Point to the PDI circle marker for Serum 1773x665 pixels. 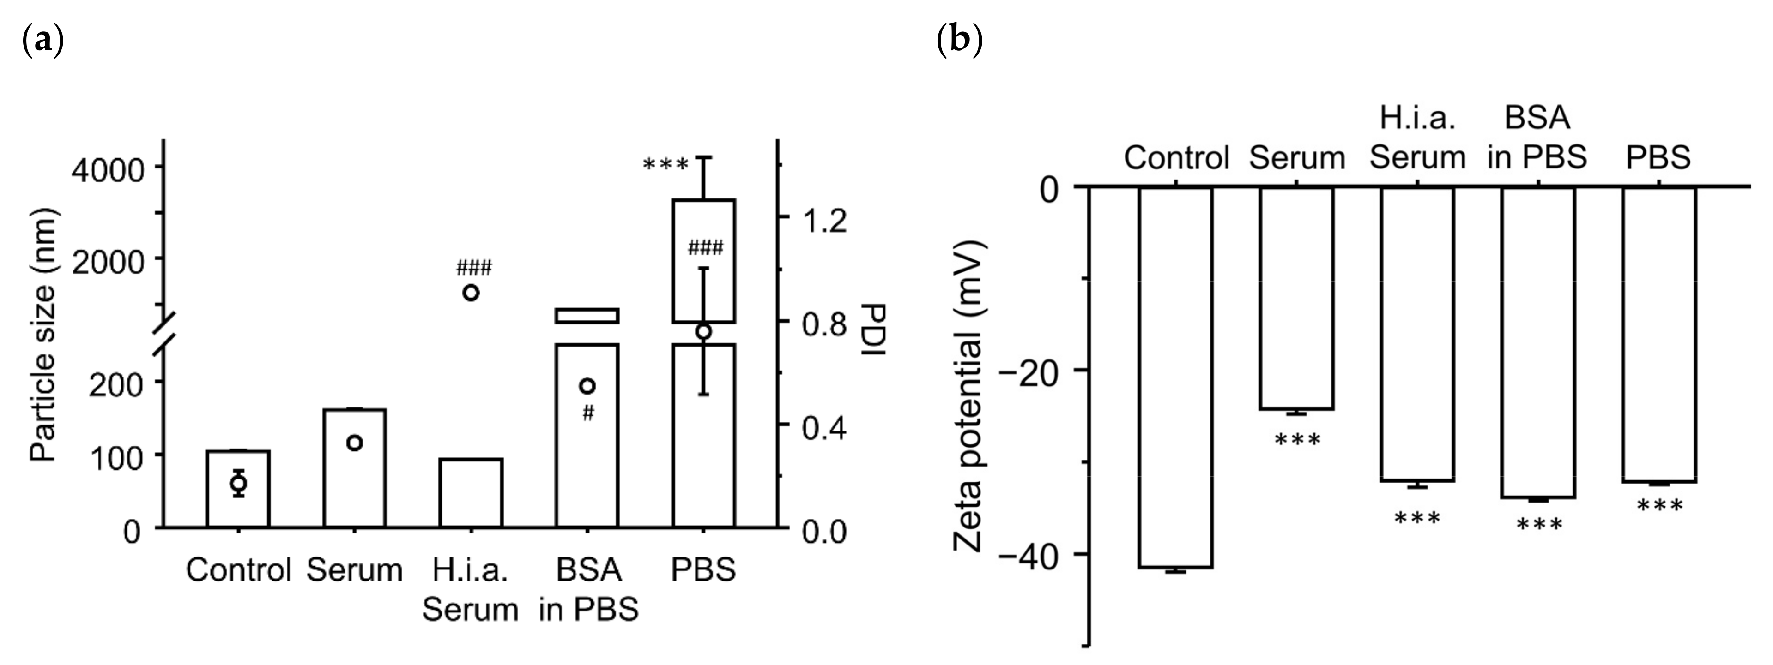[355, 443]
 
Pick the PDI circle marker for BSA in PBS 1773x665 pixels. [587, 386]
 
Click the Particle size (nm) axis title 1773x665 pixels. [42, 335]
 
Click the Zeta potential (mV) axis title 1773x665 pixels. [969, 397]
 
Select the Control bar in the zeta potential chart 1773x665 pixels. [1175, 377]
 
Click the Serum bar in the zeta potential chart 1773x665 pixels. [1297, 298]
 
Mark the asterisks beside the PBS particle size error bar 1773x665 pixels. [665, 166]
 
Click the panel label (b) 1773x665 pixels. [959, 41]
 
